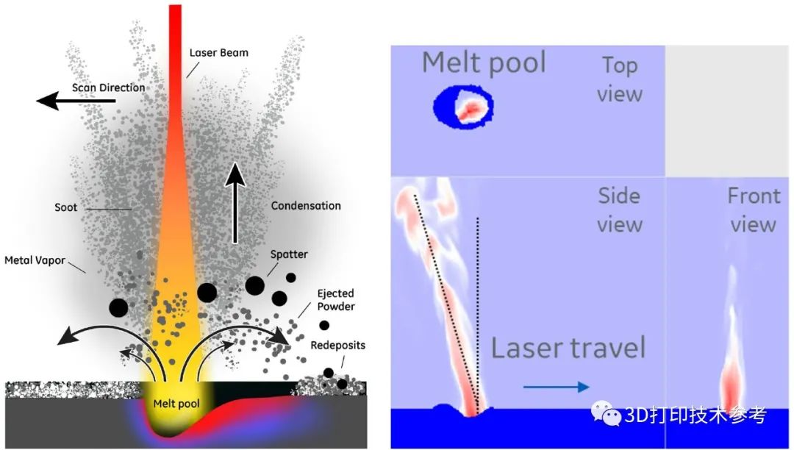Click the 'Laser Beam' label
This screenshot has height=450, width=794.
coord(219,53)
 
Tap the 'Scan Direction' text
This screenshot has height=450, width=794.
coord(108,87)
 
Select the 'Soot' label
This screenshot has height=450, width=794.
coord(66,207)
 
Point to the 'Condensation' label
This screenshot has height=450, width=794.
coord(306,206)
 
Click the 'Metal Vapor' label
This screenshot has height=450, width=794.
coord(35,261)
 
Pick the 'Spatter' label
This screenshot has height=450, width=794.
coord(289,254)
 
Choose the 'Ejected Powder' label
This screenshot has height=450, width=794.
coord(336,300)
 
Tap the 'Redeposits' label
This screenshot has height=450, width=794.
coord(337,345)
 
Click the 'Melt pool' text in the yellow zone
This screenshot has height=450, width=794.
coord(176,404)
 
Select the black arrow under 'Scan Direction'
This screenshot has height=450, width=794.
coord(76,101)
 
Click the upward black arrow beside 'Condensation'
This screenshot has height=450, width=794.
coord(235,202)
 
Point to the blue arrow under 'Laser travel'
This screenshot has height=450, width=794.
coord(556,387)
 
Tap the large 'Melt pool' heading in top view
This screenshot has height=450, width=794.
coord(484,63)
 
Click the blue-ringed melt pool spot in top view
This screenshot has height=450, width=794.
coord(463,107)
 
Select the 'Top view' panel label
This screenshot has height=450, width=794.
coord(620,79)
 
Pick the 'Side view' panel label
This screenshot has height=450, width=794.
coord(620,210)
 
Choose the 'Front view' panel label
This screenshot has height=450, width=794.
coord(754,210)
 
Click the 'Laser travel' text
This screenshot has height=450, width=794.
coord(568,349)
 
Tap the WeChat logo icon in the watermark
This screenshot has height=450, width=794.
coord(606,413)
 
